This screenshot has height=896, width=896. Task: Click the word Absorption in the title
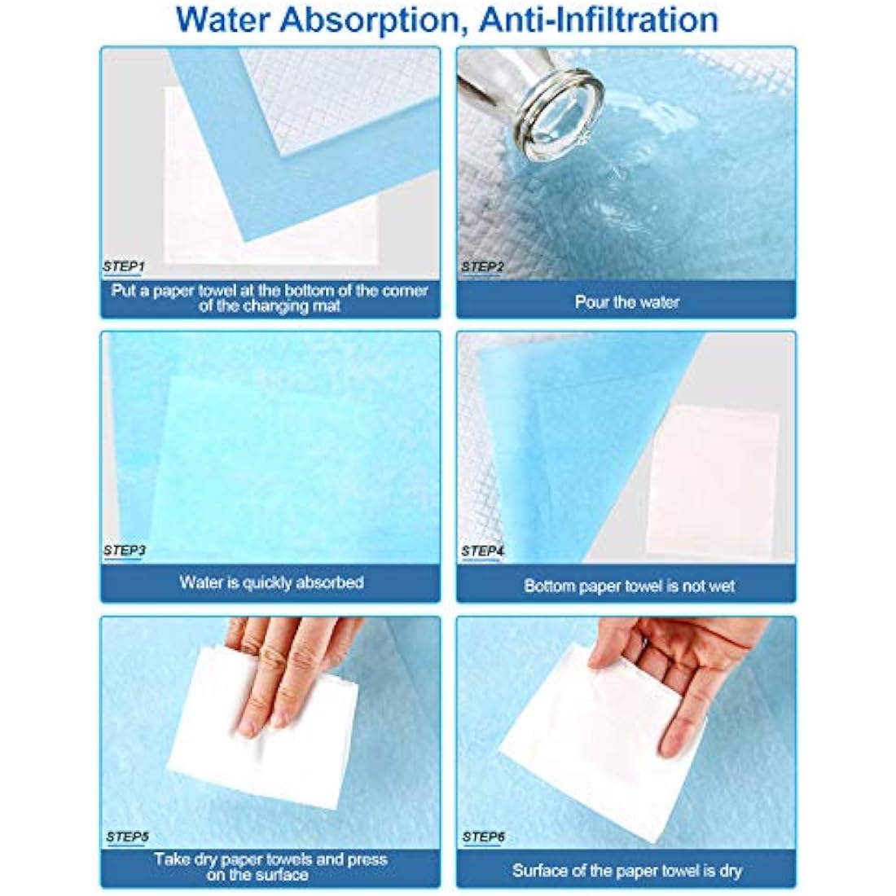tap(367, 20)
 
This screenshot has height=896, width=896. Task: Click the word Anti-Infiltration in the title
tap(599, 20)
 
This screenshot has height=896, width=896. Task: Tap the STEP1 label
tap(125, 266)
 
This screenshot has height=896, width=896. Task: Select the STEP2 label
tap(481, 266)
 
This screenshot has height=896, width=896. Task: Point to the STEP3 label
tap(125, 551)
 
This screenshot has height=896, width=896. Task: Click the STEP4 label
tap(482, 551)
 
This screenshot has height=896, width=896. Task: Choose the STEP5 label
tap(127, 836)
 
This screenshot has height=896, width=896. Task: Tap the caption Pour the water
tap(626, 302)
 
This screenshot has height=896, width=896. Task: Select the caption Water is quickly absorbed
tap(271, 582)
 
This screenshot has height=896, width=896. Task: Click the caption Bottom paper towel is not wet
tap(629, 586)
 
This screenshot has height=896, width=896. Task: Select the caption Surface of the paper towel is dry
tap(627, 871)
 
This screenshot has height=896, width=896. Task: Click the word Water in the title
tap(224, 20)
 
